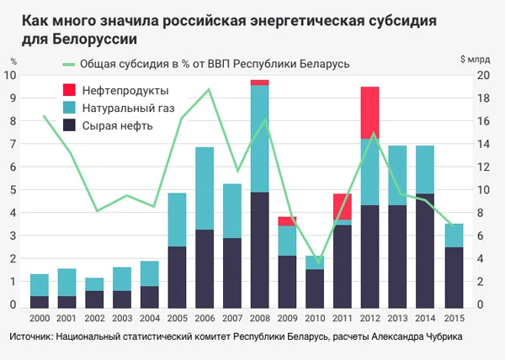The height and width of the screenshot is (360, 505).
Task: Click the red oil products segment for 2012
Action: [369, 113]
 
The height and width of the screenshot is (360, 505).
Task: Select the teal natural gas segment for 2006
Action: [205, 188]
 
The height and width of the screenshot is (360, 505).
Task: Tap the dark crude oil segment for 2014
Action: [425, 251]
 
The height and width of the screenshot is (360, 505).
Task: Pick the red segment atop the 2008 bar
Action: [259, 82]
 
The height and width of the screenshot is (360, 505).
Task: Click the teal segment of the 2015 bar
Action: [454, 236]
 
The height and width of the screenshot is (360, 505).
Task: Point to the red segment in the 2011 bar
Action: [343, 207]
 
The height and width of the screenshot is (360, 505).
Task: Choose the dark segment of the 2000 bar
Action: [40, 302]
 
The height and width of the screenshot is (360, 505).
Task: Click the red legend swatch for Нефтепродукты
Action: [69, 90]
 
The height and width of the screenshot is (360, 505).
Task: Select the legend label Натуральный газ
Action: [128, 109]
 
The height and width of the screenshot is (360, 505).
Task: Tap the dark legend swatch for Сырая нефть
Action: [69, 125]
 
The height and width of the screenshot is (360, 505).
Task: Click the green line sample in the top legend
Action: [69, 64]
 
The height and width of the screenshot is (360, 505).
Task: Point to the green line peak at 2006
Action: [209, 89]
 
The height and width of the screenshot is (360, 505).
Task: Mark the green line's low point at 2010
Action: [319, 262]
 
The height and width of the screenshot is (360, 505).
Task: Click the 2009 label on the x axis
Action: [287, 318]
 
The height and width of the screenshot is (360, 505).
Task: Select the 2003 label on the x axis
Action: [122, 318]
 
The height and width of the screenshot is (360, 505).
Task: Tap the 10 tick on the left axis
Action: [9, 76]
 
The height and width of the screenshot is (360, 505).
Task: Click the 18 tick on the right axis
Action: [483, 98]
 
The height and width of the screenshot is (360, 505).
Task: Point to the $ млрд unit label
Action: [476, 60]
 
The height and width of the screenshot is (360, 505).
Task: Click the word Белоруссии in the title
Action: [94, 39]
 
